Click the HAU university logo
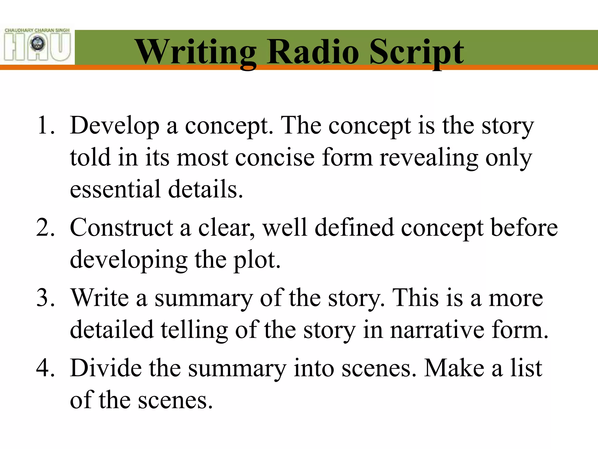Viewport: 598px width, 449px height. coord(37,44)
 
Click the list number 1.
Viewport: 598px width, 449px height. coord(46,126)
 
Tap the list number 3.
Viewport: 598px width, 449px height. coord(45,298)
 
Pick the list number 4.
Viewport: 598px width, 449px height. coord(45,368)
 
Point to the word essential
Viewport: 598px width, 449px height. coord(115,189)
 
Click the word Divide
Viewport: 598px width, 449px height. coord(106,368)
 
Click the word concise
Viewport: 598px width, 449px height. coord(275,158)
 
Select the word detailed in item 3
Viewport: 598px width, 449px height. coord(112,330)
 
